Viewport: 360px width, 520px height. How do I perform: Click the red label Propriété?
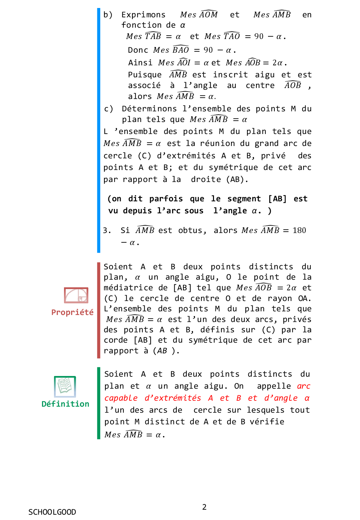point(72,312)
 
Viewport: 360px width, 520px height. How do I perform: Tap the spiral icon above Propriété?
point(76,295)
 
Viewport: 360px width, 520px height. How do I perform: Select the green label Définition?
point(65,404)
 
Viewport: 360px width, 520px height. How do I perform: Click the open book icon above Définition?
point(65,387)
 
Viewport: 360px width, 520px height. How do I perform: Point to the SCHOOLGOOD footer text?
point(52,512)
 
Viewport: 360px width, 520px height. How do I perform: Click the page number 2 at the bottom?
point(204,507)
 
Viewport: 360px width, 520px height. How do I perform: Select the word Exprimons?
point(143,15)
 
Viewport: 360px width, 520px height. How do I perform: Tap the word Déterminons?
point(149,109)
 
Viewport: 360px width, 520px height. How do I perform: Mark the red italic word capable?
point(121,398)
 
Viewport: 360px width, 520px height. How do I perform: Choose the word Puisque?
point(145,75)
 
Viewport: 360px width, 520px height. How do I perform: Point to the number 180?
point(299,231)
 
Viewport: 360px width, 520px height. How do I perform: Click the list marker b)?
point(108,15)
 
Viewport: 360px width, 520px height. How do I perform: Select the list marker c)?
point(108,109)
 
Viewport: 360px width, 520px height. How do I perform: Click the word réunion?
point(218,144)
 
